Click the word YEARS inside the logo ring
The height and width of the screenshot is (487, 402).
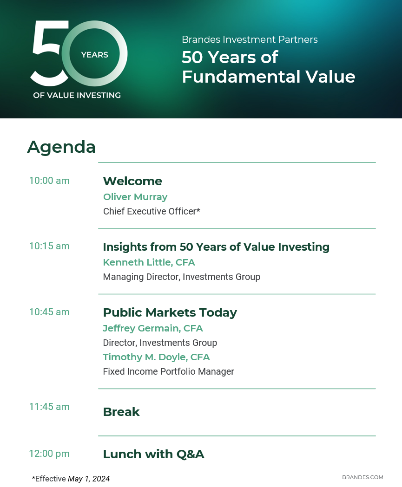point(94,55)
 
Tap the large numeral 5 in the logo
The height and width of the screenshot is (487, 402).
point(50,53)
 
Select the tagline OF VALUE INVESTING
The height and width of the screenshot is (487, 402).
point(77,95)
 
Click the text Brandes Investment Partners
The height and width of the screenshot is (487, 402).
point(250,39)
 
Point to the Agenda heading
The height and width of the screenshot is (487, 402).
point(61,147)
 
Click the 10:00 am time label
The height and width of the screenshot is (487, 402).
point(49,181)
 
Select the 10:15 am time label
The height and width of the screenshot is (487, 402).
point(49,246)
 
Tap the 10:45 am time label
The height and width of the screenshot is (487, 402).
point(49,312)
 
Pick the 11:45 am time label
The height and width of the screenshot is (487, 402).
point(49,407)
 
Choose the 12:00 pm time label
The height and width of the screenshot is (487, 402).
point(49,454)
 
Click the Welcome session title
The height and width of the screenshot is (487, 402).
point(132,181)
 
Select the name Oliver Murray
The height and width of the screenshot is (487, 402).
point(135,197)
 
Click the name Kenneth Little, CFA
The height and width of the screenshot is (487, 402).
point(149,262)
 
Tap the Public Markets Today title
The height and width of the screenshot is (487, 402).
point(170,313)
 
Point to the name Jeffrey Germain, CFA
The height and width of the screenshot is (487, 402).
point(152,328)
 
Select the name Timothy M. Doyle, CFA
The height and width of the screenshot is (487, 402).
point(157,357)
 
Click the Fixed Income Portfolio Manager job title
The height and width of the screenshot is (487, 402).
point(169,371)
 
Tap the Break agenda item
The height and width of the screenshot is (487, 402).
point(121,412)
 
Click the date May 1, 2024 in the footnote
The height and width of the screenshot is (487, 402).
point(89,479)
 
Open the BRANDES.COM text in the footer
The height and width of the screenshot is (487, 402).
point(362,477)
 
